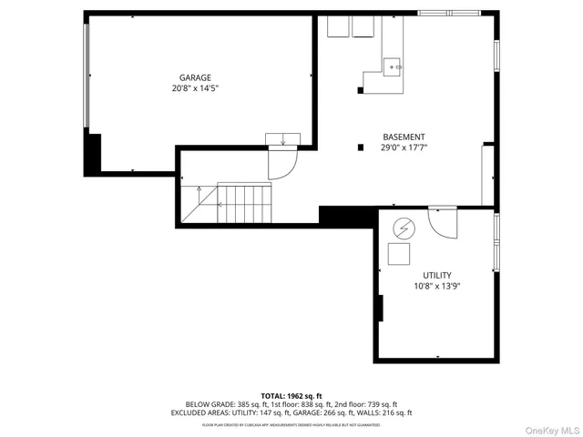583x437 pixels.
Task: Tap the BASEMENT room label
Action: click(403, 137)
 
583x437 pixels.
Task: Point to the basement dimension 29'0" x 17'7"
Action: click(404, 147)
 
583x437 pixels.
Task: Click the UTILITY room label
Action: click(436, 275)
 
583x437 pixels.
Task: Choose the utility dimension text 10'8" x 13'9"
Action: click(436, 286)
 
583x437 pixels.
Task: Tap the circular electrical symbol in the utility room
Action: click(403, 227)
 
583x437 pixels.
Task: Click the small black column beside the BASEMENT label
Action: click(361, 147)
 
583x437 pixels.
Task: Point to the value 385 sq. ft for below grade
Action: click(254, 404)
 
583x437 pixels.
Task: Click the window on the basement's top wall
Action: click(447, 13)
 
